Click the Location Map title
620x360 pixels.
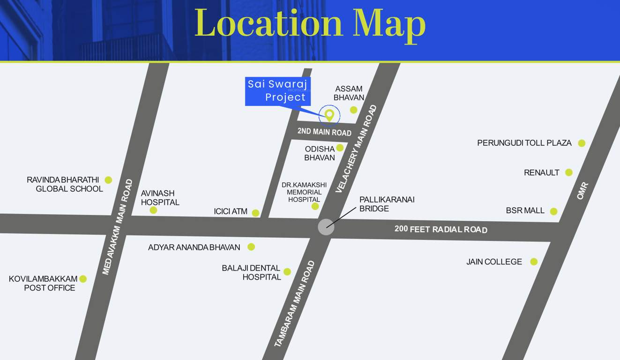[310, 23]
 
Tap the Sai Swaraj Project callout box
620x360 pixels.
[277, 90]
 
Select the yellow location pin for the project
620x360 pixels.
[329, 114]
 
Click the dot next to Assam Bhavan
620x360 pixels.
[354, 110]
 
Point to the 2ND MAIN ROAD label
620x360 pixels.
[324, 132]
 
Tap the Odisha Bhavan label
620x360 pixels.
[320, 153]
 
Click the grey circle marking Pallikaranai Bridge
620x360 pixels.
[326, 227]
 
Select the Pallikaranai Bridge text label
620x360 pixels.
[387, 204]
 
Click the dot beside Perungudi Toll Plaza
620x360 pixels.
[582, 143]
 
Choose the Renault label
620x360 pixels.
[541, 172]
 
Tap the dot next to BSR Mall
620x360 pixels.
[553, 211]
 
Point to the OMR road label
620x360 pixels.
[582, 191]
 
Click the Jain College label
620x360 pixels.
[494, 262]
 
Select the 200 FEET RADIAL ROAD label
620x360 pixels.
[441, 229]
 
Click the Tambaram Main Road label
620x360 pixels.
[294, 303]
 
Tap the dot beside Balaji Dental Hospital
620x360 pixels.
[287, 272]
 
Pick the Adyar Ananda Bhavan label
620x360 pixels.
[194, 247]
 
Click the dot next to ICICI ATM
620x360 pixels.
[255, 213]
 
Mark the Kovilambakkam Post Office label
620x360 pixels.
[43, 283]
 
